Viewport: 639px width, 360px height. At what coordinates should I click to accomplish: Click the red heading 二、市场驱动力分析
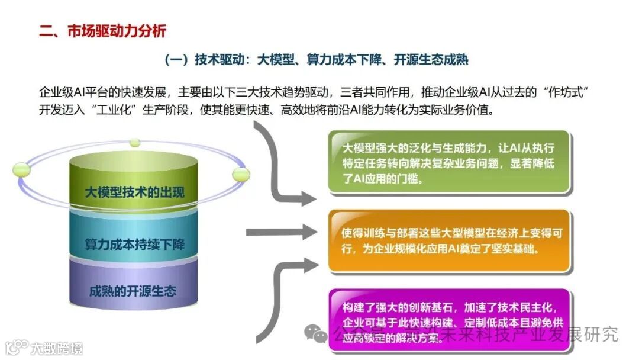(x=102, y=31)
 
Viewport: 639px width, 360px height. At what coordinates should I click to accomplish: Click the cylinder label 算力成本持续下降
(x=134, y=243)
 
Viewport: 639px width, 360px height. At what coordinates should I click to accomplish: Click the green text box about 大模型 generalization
(x=449, y=162)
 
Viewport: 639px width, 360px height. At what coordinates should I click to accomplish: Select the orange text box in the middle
(x=449, y=240)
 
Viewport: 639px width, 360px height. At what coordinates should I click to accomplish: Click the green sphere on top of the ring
(x=135, y=143)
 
